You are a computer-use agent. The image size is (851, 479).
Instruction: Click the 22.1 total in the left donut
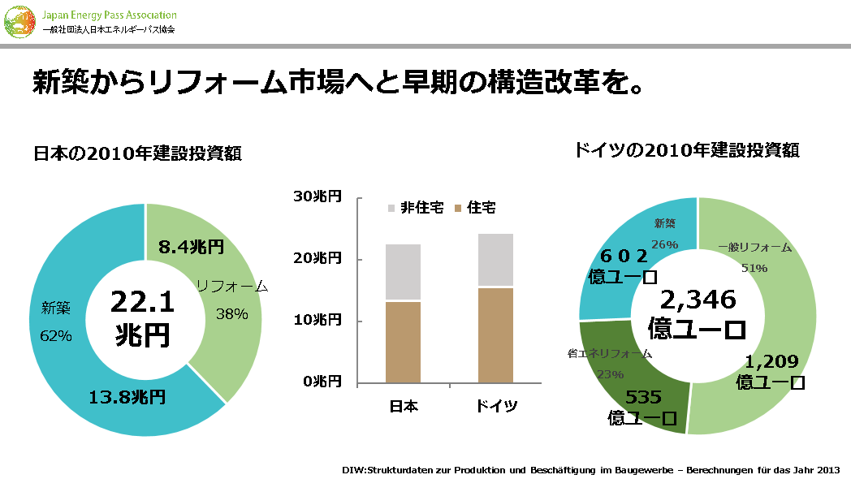tap(143, 302)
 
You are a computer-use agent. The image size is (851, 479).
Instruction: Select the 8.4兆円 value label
tap(191, 247)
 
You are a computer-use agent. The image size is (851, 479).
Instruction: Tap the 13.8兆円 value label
tap(127, 397)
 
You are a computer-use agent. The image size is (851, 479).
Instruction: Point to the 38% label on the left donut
tap(231, 314)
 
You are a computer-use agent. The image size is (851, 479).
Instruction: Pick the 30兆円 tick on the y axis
tap(318, 197)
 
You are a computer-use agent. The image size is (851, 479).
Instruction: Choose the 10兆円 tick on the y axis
tap(318, 320)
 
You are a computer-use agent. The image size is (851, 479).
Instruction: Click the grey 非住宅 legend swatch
tap(391, 209)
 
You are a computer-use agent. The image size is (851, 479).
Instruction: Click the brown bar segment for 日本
tap(403, 342)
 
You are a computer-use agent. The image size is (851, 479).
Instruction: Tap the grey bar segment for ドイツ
tap(495, 260)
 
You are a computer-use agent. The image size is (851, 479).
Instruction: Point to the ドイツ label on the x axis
tap(496, 406)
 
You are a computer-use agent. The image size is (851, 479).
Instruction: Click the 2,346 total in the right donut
tap(698, 300)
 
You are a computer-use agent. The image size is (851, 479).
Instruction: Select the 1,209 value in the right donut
tap(772, 362)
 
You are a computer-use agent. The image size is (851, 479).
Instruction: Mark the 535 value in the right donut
tap(643, 397)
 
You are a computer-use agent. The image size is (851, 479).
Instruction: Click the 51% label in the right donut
tap(754, 268)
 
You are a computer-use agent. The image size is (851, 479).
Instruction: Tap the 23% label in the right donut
tap(610, 374)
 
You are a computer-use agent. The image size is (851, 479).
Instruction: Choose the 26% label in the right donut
tap(664, 244)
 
